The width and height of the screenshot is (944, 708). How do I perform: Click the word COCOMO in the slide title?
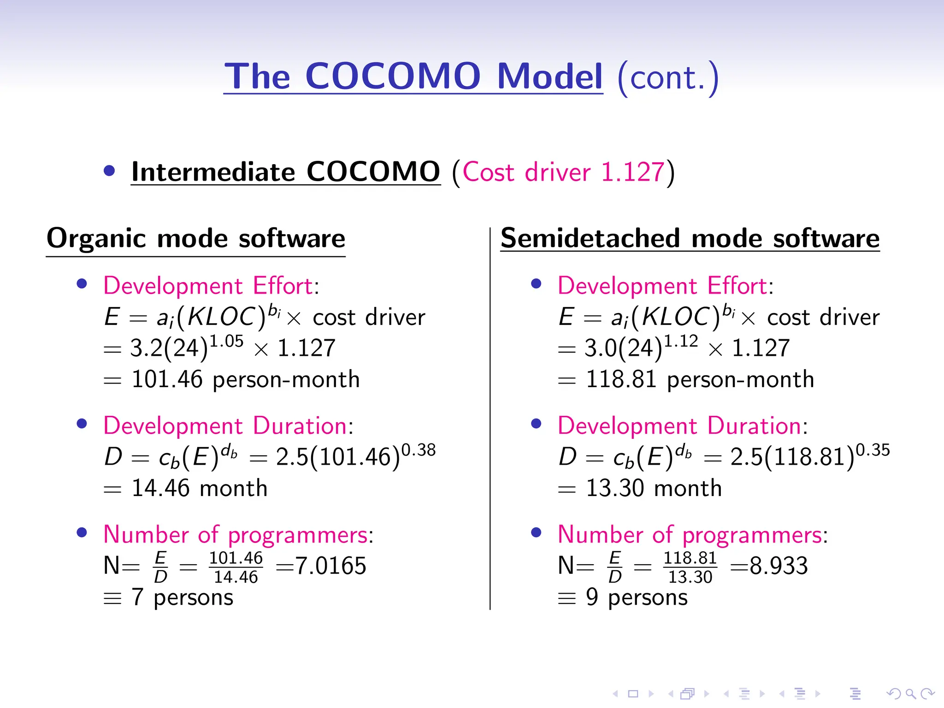click(x=393, y=76)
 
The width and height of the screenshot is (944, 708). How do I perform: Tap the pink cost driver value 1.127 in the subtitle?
click(x=632, y=172)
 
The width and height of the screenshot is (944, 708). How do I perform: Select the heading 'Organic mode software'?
click(x=196, y=239)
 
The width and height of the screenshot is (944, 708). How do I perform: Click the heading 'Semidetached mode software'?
click(x=690, y=239)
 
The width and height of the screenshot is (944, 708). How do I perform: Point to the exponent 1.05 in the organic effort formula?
click(x=226, y=342)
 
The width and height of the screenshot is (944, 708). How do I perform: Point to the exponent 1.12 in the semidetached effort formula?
click(x=681, y=342)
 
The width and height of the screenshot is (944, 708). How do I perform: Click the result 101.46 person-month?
click(x=245, y=380)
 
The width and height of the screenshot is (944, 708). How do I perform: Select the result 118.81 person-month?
click(x=700, y=380)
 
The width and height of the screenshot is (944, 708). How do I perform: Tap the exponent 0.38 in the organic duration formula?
click(x=419, y=450)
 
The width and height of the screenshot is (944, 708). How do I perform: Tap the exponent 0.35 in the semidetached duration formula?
click(x=873, y=450)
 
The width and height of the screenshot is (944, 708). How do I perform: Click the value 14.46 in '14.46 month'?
click(x=160, y=489)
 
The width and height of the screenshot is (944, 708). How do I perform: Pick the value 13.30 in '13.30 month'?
click(x=615, y=489)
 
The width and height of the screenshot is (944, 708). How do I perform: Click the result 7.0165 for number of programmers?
click(x=330, y=566)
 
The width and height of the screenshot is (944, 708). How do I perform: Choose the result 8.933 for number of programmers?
click(x=779, y=566)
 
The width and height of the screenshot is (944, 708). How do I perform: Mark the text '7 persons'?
click(x=183, y=597)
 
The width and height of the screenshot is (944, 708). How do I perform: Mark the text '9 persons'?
click(x=637, y=597)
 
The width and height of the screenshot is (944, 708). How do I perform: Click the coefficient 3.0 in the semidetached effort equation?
click(x=599, y=348)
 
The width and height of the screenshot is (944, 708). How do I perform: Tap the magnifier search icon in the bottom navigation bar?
click(x=910, y=694)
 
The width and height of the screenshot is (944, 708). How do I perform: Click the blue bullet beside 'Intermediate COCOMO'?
click(x=109, y=171)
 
